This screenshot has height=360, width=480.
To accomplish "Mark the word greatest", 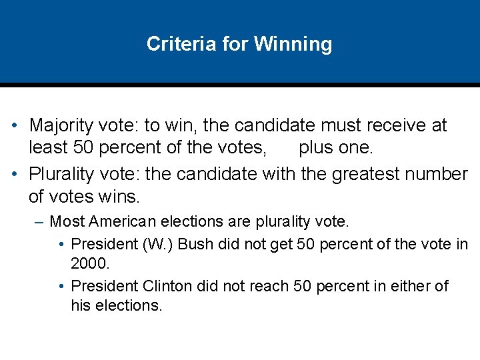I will (x=359, y=174).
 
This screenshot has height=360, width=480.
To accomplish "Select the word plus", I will (x=316, y=146).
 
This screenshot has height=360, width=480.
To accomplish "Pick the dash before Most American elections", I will (x=39, y=221).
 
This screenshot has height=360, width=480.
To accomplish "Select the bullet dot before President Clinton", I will (x=61, y=286).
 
